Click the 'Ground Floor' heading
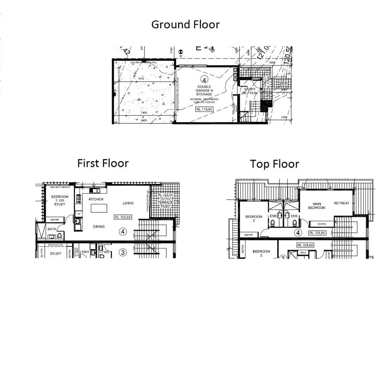tap(185, 25)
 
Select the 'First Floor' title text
tap(103, 163)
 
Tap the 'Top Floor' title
tap(274, 164)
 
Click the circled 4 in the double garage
tap(205, 80)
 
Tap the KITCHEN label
tap(96, 199)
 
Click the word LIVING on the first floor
tap(128, 203)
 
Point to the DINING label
tap(99, 226)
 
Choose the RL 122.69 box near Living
tap(123, 217)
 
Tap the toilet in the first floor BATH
tap(60, 235)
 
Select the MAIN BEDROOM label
tap(316, 206)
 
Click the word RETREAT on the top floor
tap(341, 203)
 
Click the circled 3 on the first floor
tap(123, 252)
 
